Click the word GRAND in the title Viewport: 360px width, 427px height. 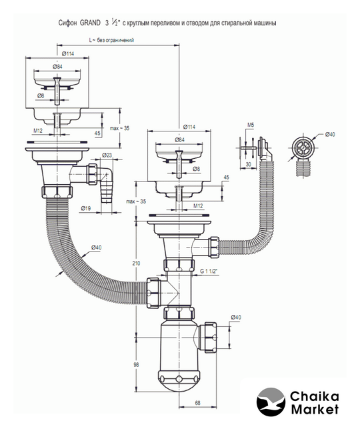(90, 23)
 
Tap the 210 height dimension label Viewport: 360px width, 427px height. (136, 264)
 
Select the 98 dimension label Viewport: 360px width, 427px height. (136, 365)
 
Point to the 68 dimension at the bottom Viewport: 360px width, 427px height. (198, 403)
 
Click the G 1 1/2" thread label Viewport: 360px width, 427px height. (209, 272)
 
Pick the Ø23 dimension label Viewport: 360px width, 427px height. (107, 155)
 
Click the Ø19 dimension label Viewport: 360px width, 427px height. (86, 209)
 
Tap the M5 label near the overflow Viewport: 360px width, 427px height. (251, 125)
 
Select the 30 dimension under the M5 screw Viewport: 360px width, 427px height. (249, 164)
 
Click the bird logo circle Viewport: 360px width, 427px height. (271, 402)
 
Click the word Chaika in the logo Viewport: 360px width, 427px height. (314, 396)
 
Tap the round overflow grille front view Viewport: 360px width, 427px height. (301, 148)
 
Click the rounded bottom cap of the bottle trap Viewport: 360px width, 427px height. (179, 381)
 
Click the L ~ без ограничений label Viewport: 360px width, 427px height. (111, 40)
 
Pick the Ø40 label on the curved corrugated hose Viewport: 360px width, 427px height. (96, 248)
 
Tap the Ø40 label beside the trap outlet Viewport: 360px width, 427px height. (236, 318)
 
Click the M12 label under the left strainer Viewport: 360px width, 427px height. (38, 131)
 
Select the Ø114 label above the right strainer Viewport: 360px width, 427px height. (189, 127)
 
